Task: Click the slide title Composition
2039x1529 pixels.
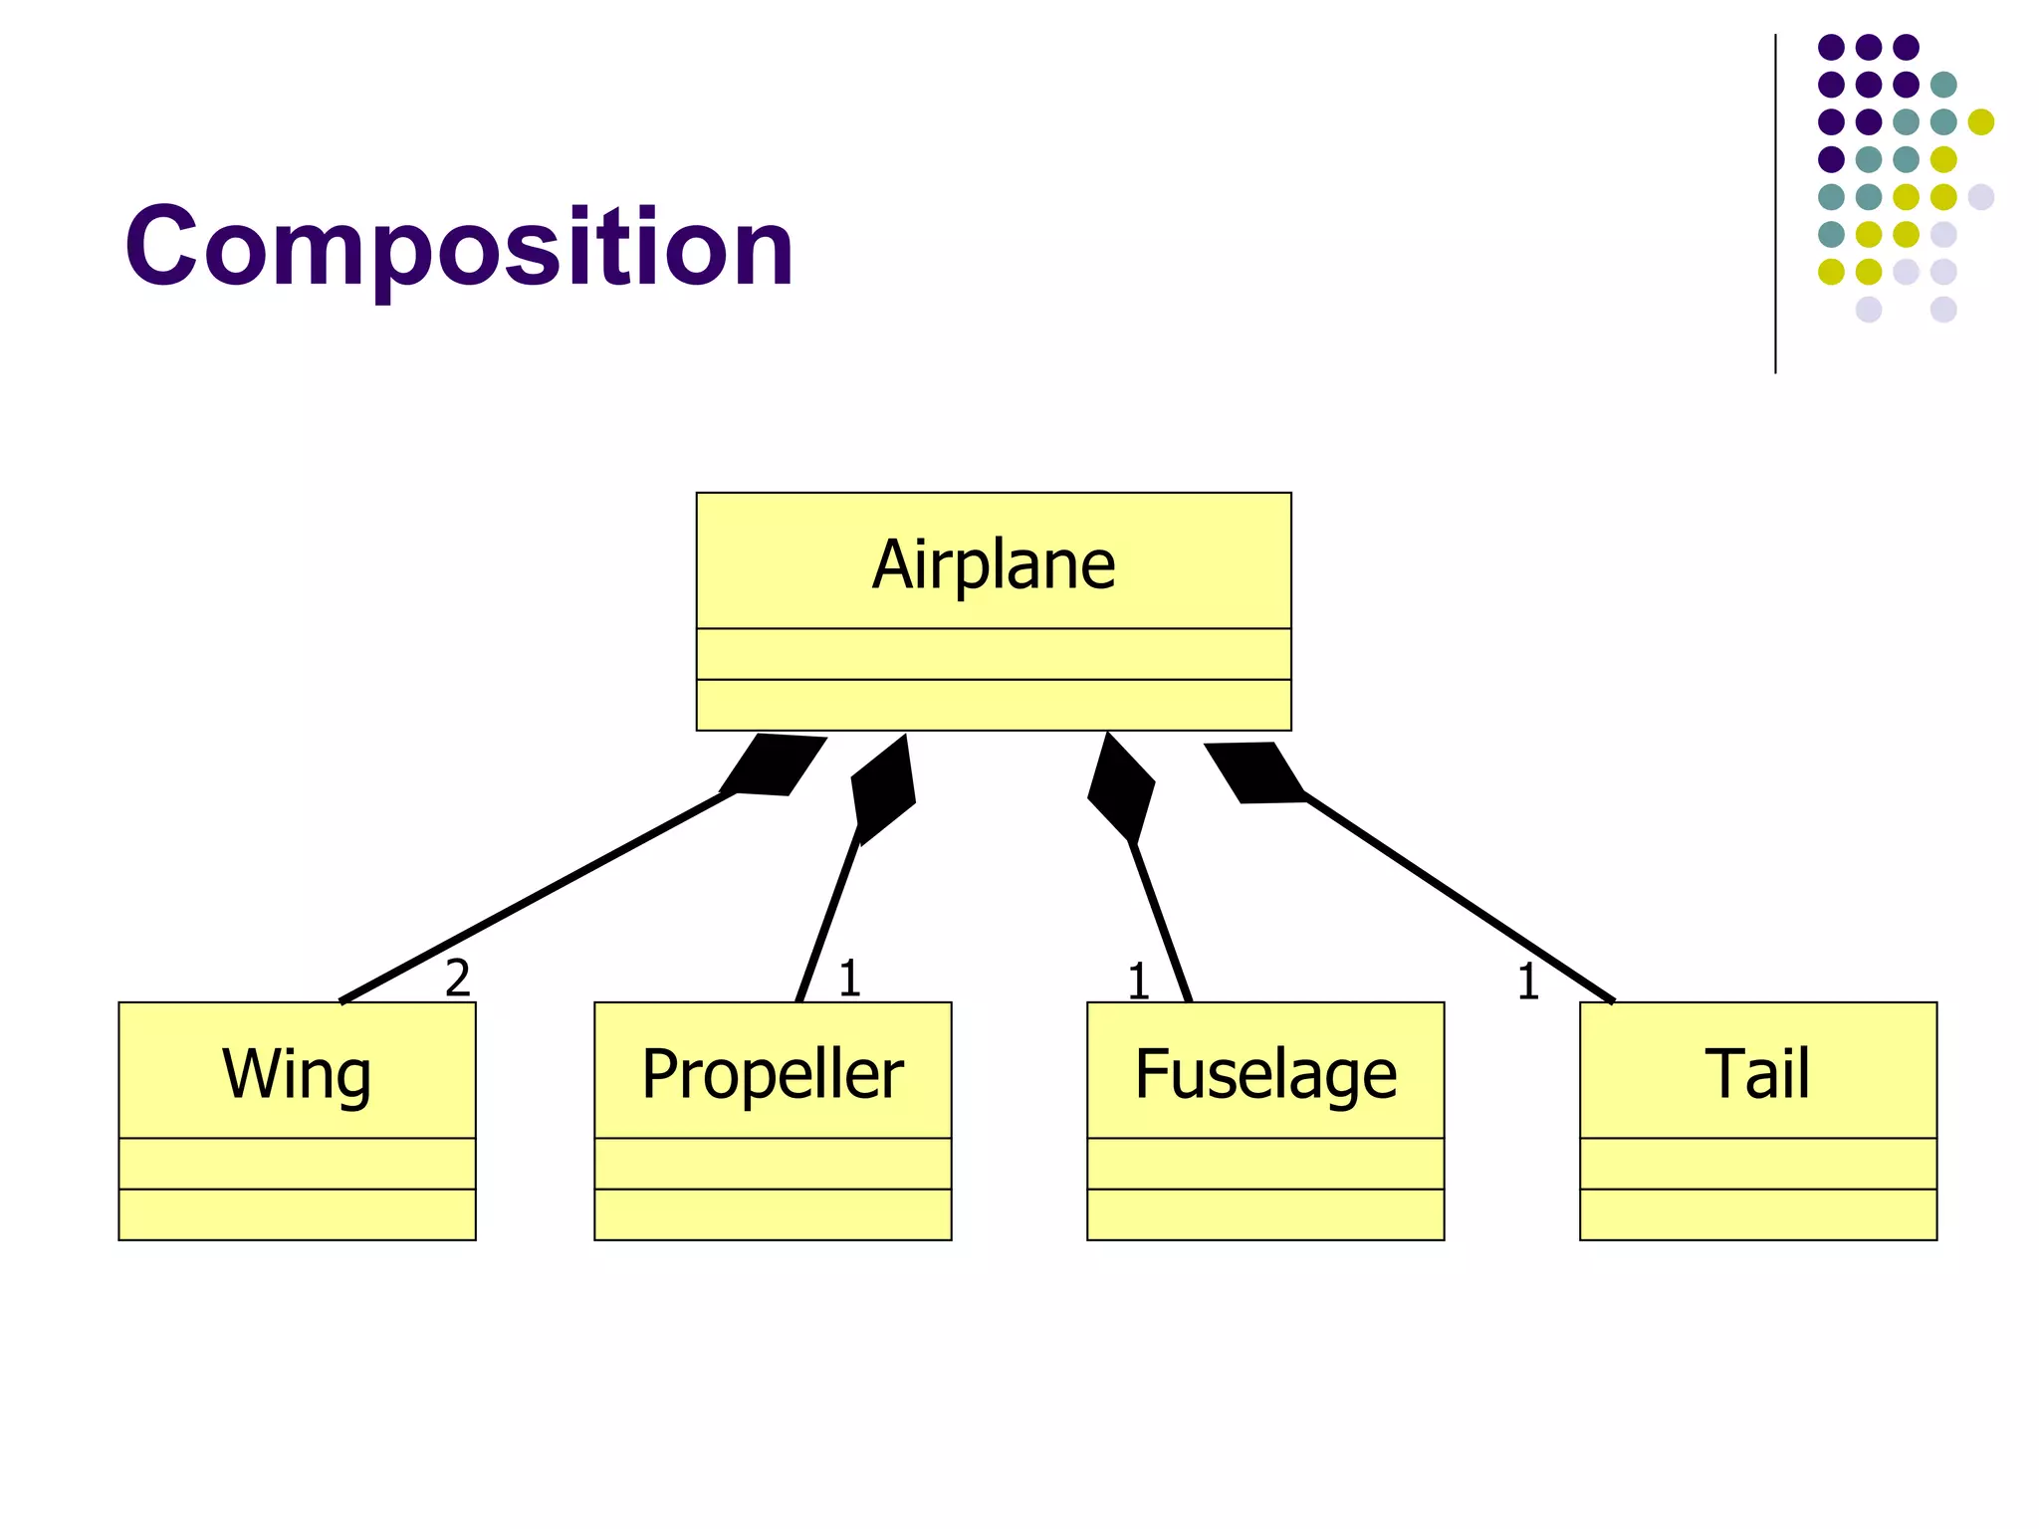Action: pos(459,246)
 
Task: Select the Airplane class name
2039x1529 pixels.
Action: pos(994,564)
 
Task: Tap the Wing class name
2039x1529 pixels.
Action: pos(297,1074)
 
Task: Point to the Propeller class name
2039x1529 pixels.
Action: pos(773,1074)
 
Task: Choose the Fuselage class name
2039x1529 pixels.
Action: pos(1265,1074)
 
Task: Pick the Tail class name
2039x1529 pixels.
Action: pos(1757,1074)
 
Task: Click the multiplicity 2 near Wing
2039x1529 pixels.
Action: pos(457,979)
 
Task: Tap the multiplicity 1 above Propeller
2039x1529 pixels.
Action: pos(848,979)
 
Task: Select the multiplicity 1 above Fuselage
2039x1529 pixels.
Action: pos(1138,983)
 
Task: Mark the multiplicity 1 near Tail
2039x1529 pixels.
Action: pos(1527,983)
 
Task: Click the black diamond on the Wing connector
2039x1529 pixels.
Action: pos(774,764)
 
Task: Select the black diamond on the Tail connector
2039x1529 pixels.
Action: pos(1254,771)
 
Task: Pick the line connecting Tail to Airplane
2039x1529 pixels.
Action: pos(1459,896)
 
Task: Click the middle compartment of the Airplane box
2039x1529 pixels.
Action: pos(994,654)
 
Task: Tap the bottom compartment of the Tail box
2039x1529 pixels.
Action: pos(1757,1214)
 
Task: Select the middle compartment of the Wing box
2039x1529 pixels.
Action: pos(297,1163)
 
